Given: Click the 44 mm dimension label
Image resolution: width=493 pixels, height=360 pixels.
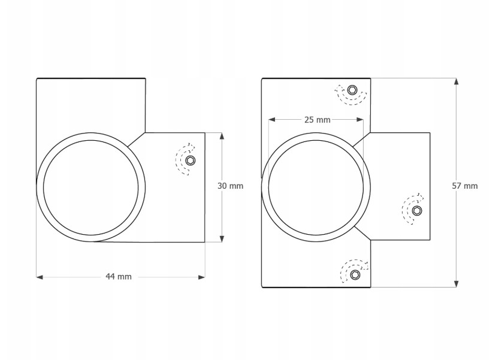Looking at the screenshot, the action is coord(119,277).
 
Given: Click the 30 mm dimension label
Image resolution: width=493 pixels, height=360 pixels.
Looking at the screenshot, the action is coord(231,186).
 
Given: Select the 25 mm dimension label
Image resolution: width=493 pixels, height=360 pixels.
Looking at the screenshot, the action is coord(317,120).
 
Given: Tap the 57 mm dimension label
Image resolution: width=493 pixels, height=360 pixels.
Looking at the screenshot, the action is coord(465,186).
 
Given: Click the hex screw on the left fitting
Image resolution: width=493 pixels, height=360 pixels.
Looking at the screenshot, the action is coord(190,161).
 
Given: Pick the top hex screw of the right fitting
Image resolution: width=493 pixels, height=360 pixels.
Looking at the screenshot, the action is coord(352,90).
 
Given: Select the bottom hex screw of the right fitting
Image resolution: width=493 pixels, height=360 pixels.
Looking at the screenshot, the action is coord(355,274).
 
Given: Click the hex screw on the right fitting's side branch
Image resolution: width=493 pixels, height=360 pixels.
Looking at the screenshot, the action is coord(417,210).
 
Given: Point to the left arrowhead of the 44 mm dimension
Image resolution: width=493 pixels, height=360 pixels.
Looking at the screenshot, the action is coord(40,277).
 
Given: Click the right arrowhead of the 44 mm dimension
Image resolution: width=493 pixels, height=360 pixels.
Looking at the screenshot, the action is coord(201,277).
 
